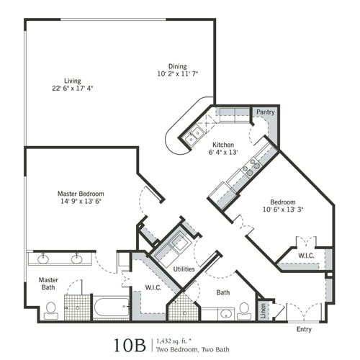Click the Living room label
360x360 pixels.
pyautogui.click(x=71, y=81)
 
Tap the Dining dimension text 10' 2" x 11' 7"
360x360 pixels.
pyautogui.click(x=177, y=74)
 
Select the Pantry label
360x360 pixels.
pyautogui.click(x=266, y=112)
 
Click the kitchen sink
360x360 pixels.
pyautogui.click(x=195, y=134)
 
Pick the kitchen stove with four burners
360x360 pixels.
pyautogui.click(x=251, y=168)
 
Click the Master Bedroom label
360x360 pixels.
pyautogui.click(x=81, y=194)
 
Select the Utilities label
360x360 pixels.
pyautogui.click(x=184, y=268)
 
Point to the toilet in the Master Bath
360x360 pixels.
pyautogui.click(x=50, y=310)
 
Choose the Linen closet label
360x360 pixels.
pyautogui.click(x=264, y=310)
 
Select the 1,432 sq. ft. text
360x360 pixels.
pyautogui.click(x=178, y=338)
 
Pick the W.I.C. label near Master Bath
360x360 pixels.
pyautogui.click(x=152, y=288)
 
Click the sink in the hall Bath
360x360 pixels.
pyautogui.click(x=225, y=313)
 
